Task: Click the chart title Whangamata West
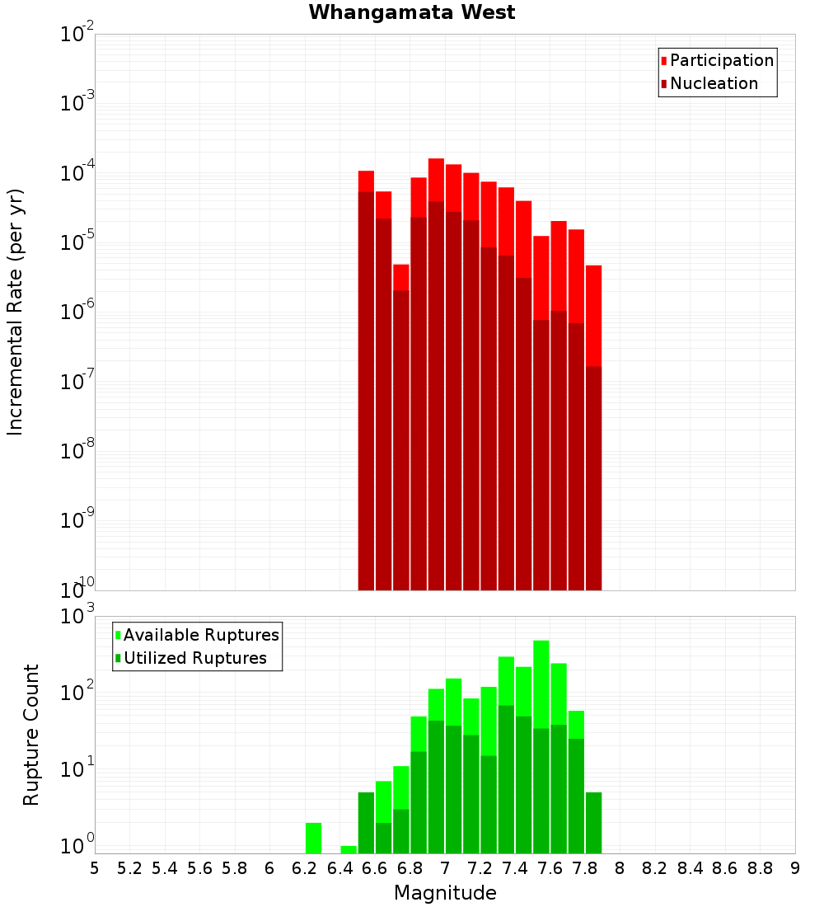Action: (412, 12)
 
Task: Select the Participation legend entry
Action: (721, 60)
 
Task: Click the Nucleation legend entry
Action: (713, 83)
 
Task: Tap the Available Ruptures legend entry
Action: (200, 635)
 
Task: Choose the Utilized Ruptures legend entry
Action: (194, 658)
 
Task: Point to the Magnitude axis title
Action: (445, 893)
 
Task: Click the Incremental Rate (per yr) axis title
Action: (16, 312)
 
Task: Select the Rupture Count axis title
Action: (31, 734)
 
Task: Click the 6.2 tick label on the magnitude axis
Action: (304, 868)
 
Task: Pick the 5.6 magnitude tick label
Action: (199, 868)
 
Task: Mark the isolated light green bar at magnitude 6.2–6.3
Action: (313, 838)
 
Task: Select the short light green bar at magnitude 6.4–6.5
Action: (349, 849)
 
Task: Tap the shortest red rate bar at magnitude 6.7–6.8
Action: (401, 277)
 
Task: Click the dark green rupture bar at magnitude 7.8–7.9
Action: (593, 822)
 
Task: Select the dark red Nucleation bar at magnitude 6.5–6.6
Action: (366, 388)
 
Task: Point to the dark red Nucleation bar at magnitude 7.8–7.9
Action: (593, 478)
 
